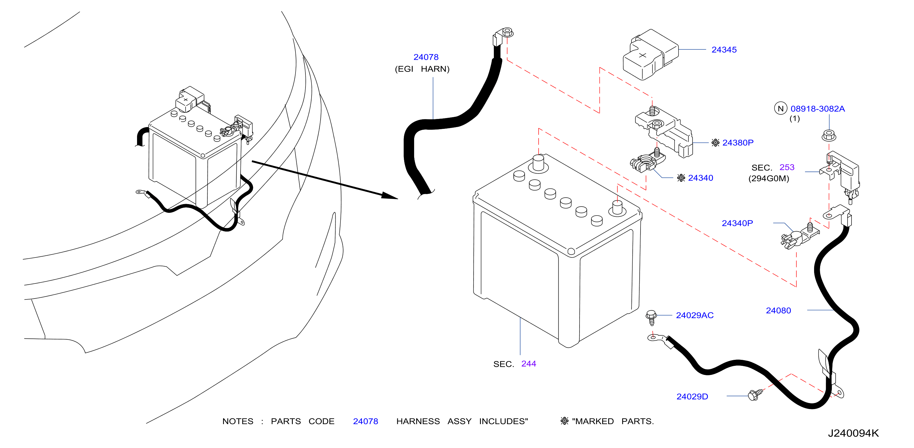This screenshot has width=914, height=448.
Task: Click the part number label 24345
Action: pos(724,50)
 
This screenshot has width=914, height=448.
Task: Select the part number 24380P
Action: pos(738,143)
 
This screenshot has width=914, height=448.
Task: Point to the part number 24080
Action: pos(778,311)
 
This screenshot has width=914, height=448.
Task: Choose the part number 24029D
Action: pos(692,396)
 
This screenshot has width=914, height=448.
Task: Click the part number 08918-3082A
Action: pos(817,109)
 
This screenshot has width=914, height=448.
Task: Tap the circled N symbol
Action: pos(781,108)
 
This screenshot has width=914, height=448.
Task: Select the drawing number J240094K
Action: pos(853,433)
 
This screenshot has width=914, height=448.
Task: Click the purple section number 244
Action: pos(528,363)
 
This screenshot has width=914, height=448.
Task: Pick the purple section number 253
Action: pos(787,167)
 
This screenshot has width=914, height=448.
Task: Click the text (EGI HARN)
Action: pos(422,69)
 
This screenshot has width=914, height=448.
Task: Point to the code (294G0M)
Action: pos(769,178)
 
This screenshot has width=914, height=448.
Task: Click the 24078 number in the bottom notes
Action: pos(366,421)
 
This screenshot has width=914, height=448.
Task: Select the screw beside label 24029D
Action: pos(755,394)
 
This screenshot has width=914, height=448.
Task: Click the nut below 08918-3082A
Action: pos(829,136)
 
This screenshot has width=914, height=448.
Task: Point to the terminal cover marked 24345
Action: pos(650,54)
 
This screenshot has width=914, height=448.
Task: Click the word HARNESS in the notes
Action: pos(418,421)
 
